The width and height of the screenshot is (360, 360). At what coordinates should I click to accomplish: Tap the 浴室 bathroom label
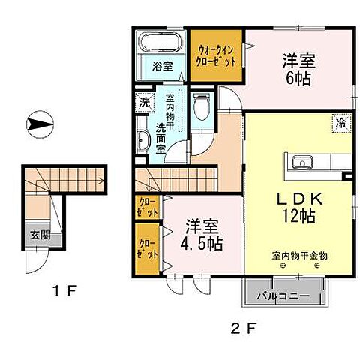[x=163, y=66]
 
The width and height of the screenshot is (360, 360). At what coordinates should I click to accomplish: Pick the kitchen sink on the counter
[x=304, y=162]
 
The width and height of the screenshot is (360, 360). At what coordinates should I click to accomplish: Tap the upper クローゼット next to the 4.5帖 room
[x=147, y=206]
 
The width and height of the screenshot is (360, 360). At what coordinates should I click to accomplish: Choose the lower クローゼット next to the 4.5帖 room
[x=147, y=249]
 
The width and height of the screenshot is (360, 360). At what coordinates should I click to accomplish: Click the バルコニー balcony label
[x=286, y=295]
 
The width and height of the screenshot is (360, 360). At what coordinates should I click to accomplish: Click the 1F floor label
[x=66, y=289]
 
